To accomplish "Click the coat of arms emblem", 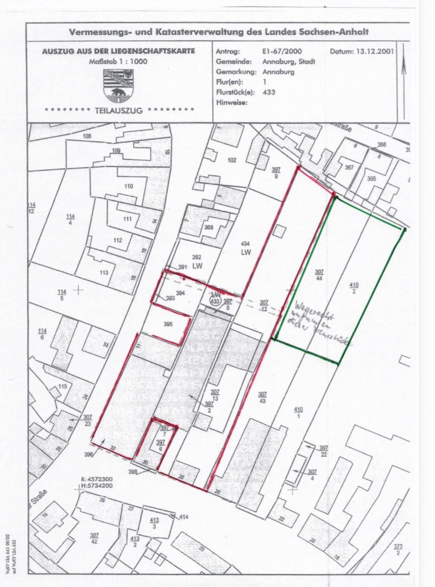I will coord(118,85).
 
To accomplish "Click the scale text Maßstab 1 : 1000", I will coord(118,61).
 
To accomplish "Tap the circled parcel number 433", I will coord(214,301).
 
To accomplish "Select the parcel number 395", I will coord(168,324).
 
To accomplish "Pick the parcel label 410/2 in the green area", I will coord(354,288).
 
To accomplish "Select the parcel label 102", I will coord(231,160).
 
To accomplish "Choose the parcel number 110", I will coord(128,186).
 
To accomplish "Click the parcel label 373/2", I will coord(397,549).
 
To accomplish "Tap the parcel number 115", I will coord(62,386).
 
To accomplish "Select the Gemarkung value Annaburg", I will coord(279,72).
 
